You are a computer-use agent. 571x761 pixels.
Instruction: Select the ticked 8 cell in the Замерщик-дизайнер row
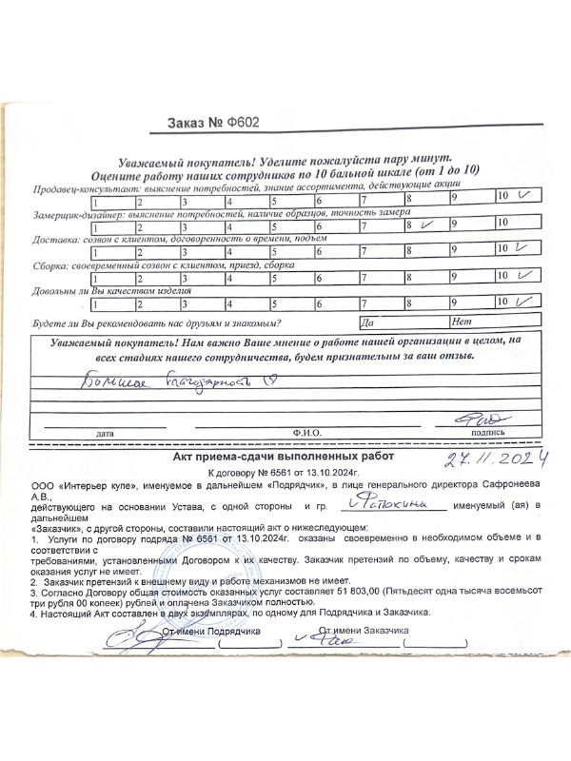coord(425,224)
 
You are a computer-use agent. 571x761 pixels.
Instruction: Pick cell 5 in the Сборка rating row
coord(292,279)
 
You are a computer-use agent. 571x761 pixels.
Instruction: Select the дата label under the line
coord(104,434)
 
